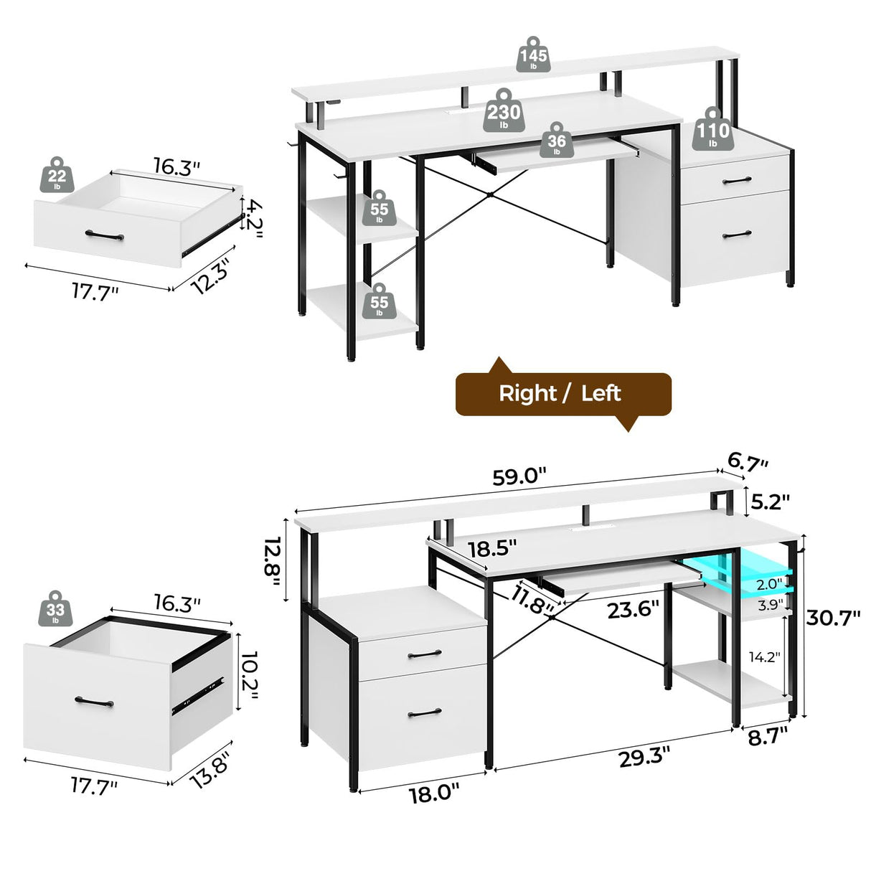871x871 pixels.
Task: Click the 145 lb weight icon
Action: pos(534,55)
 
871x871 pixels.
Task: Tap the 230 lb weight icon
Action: pos(504,112)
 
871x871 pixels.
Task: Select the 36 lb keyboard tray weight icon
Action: pos(557,140)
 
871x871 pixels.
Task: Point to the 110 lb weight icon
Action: pos(712,130)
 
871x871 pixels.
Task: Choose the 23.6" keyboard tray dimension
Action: pos(633,610)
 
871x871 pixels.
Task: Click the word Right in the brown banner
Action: pos(527,393)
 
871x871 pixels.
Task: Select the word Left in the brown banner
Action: pos(601,393)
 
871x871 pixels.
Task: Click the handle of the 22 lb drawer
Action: pos(104,234)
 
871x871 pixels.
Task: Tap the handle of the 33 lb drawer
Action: pos(94,700)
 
